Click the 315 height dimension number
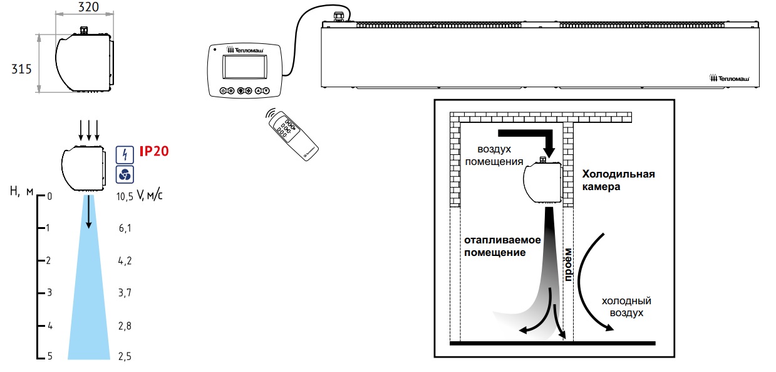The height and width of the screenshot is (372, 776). tap(21, 70)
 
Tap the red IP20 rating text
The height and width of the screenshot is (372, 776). tap(153, 151)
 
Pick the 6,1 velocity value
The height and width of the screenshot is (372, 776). tap(125, 228)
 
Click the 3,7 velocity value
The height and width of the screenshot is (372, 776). tap(125, 293)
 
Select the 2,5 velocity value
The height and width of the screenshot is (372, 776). tap(125, 357)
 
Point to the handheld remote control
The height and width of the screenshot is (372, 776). tap(292, 134)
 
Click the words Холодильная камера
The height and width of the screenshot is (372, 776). tap(618, 180)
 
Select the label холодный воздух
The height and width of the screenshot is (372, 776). tap(622, 306)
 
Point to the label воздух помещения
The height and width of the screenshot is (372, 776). tap(500, 156)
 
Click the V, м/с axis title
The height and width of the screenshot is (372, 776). tap(150, 196)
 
